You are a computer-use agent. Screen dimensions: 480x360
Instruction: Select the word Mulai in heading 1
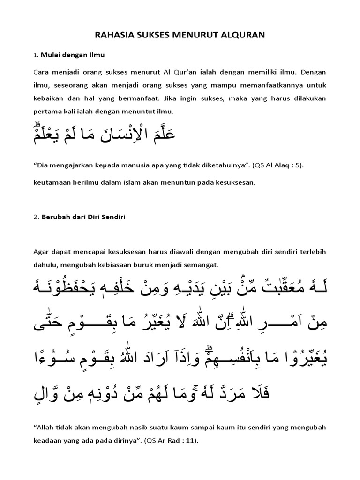pos(50,55)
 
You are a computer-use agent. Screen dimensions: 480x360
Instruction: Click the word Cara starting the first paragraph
pos(41,73)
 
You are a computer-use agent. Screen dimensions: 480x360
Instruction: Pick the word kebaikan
pos(48,99)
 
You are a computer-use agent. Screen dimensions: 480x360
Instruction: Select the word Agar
pos(41,252)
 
